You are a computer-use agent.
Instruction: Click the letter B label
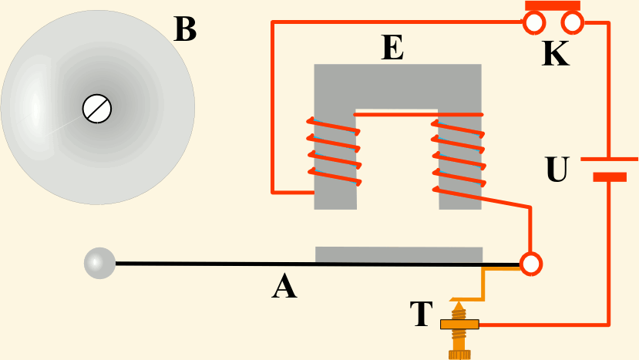pos(185,30)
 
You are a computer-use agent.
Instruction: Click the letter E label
pos(392,49)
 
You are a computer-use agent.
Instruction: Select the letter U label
pos(557,170)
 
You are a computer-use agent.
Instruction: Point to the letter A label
pos(284,288)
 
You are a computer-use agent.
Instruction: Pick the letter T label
pos(421,315)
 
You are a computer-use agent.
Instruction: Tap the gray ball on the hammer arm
pos(99,263)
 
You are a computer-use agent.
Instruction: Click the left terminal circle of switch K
pos(534,24)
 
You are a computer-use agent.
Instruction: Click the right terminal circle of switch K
pos(573,24)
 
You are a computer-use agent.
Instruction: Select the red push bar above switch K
pos(553,5)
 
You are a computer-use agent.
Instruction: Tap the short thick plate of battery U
pos(609,177)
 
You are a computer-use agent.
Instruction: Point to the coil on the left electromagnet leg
pos(334,150)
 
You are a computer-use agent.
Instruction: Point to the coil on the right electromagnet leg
pos(459,150)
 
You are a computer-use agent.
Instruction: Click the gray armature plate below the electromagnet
pos(399,254)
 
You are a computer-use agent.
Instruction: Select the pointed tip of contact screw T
pos(459,303)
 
